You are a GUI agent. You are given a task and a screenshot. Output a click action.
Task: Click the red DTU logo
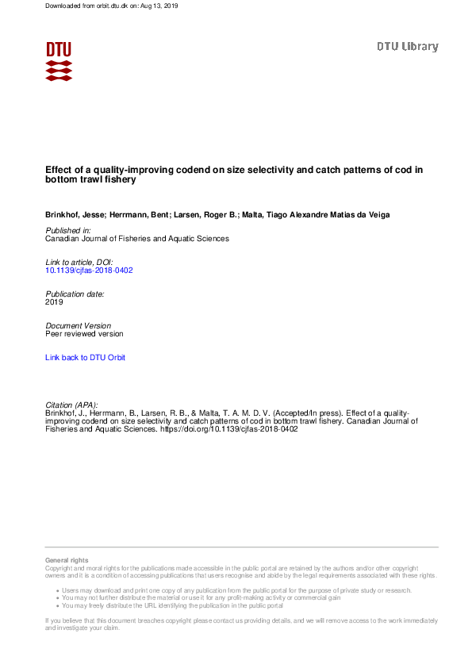pyautogui.click(x=59, y=61)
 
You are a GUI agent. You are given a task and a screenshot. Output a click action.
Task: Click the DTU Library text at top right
pyautogui.click(x=407, y=47)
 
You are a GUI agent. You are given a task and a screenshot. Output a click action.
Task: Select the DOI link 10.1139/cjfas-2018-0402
pyautogui.click(x=89, y=271)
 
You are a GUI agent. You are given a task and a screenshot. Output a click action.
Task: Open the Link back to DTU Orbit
pyautogui.click(x=85, y=358)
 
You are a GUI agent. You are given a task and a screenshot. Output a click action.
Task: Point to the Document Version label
pyautogui.click(x=78, y=326)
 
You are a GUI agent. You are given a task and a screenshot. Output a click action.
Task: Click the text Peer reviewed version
pyautogui.click(x=84, y=334)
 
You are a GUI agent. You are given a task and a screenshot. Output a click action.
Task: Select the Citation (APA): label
pyautogui.click(x=71, y=405)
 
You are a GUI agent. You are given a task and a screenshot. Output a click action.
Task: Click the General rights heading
pyautogui.click(x=67, y=560)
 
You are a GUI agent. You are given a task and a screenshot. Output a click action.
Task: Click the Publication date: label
pyautogui.click(x=75, y=294)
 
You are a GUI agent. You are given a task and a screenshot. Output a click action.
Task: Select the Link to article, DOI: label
pyautogui.click(x=79, y=263)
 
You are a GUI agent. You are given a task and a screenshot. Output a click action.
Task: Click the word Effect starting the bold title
pyautogui.click(x=59, y=169)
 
